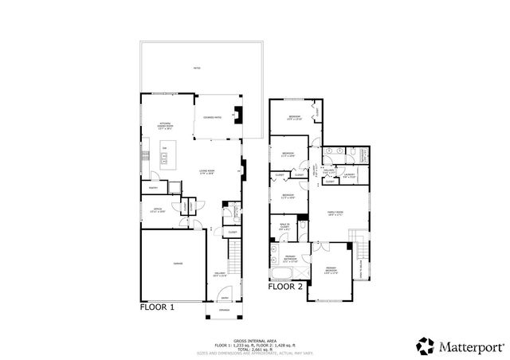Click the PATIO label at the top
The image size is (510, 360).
pos(196,68)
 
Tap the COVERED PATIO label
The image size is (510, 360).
pos(213,118)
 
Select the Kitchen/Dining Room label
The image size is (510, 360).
pos(166,126)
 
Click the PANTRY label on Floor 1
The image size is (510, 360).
pos(151,188)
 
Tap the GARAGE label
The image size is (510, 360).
pos(173,264)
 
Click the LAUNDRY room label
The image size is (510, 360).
pos(347,175)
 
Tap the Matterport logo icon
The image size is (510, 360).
pos(425,346)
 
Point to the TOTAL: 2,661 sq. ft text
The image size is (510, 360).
pos(254,348)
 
